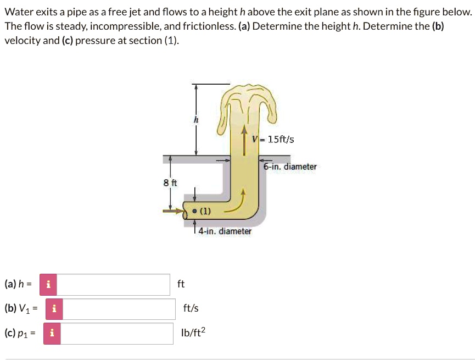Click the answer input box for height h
point(113,284)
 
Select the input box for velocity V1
point(119,309)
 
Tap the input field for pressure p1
point(117,333)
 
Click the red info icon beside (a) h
point(48,284)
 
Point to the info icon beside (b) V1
point(54,309)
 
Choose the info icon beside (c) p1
point(52,333)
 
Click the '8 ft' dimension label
point(170,182)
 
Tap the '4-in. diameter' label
point(225,231)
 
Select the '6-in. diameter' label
point(290,167)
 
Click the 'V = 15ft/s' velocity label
point(273,140)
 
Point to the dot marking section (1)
point(194,211)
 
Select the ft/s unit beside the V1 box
point(191,309)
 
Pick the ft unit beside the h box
point(181,284)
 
